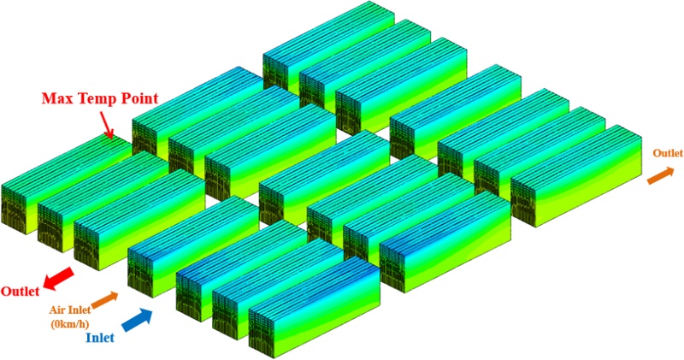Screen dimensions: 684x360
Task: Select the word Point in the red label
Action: pyautogui.click(x=138, y=98)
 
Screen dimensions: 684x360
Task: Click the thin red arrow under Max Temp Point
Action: pyautogui.click(x=106, y=125)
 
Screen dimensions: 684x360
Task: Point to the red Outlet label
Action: pyautogui.click(x=20, y=291)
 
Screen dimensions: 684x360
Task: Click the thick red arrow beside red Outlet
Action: pyautogui.click(x=59, y=279)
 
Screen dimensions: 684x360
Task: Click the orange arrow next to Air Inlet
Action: pyautogui.click(x=104, y=299)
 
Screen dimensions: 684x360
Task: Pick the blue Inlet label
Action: pyautogui.click(x=100, y=338)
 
